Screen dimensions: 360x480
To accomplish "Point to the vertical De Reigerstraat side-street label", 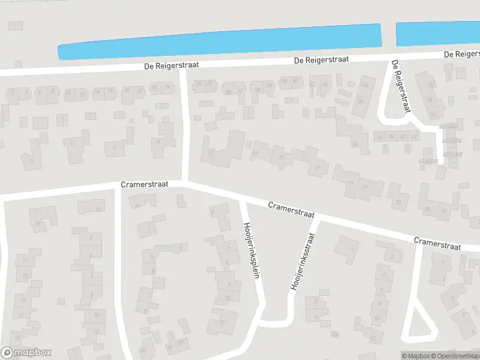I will pyautogui.click(x=400, y=87).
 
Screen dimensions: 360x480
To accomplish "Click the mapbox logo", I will pyautogui.click(x=26, y=353).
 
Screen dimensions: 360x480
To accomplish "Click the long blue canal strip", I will pyautogui.click(x=219, y=41).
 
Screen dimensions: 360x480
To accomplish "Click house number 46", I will pyautogui.click(x=363, y=85).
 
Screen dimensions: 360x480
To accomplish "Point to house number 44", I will pyautogui.click(x=325, y=84).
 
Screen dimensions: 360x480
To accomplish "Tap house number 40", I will pyautogui.click(x=295, y=81).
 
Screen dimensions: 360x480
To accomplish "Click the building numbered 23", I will pyautogui.click(x=398, y=203).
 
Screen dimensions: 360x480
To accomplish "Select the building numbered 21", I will pyautogui.click(x=365, y=188).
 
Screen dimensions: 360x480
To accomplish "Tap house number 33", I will pyautogui.click(x=143, y=350).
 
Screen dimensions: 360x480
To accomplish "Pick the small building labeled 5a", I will pyautogui.click(x=334, y=334).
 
